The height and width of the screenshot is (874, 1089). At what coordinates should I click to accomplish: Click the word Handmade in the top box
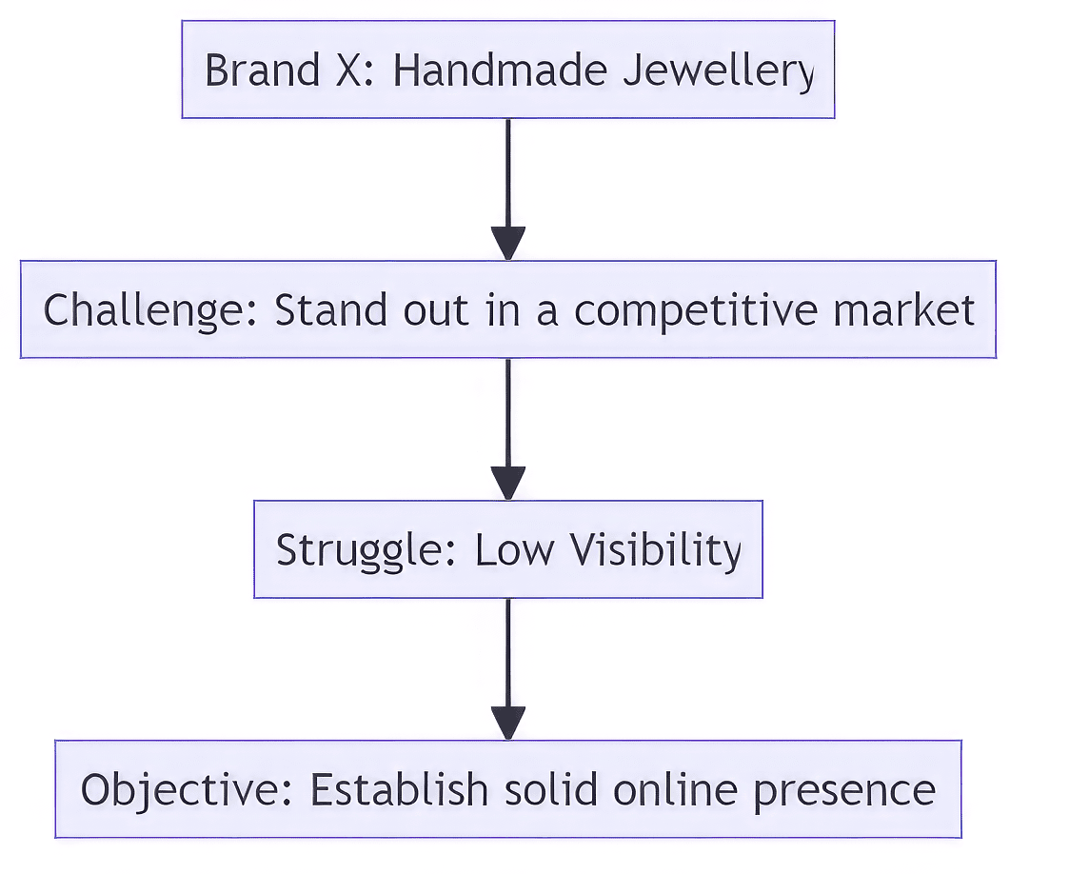[500, 70]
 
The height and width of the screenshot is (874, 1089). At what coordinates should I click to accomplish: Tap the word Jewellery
[719, 71]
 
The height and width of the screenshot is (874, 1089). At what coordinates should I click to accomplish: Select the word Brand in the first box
[263, 70]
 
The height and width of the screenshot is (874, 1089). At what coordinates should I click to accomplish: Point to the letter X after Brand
[348, 70]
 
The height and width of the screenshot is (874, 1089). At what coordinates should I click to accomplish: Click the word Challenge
[150, 310]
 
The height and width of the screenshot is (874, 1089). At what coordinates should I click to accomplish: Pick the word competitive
[696, 310]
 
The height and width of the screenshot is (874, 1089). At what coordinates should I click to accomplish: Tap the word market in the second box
[903, 309]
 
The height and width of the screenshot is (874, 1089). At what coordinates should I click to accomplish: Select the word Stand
[330, 309]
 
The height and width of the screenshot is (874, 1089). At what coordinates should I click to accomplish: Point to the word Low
[515, 550]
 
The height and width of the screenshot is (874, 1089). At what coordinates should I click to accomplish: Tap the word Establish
[399, 790]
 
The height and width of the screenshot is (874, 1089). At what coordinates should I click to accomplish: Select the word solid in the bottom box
[551, 790]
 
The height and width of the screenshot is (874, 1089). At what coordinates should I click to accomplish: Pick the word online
[675, 790]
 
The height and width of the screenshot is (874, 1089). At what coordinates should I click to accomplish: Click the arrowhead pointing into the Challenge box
[508, 243]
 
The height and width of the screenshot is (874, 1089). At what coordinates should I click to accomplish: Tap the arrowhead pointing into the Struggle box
[508, 483]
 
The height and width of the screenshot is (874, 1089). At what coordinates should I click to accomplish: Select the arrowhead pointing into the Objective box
[508, 723]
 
